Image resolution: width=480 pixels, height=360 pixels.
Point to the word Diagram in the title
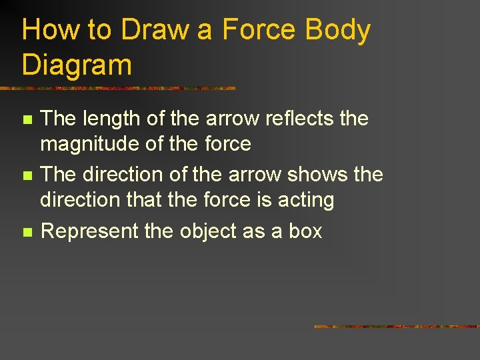[77, 65]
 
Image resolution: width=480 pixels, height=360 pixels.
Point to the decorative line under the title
[117, 87]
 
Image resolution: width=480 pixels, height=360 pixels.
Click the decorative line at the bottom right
[396, 327]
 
